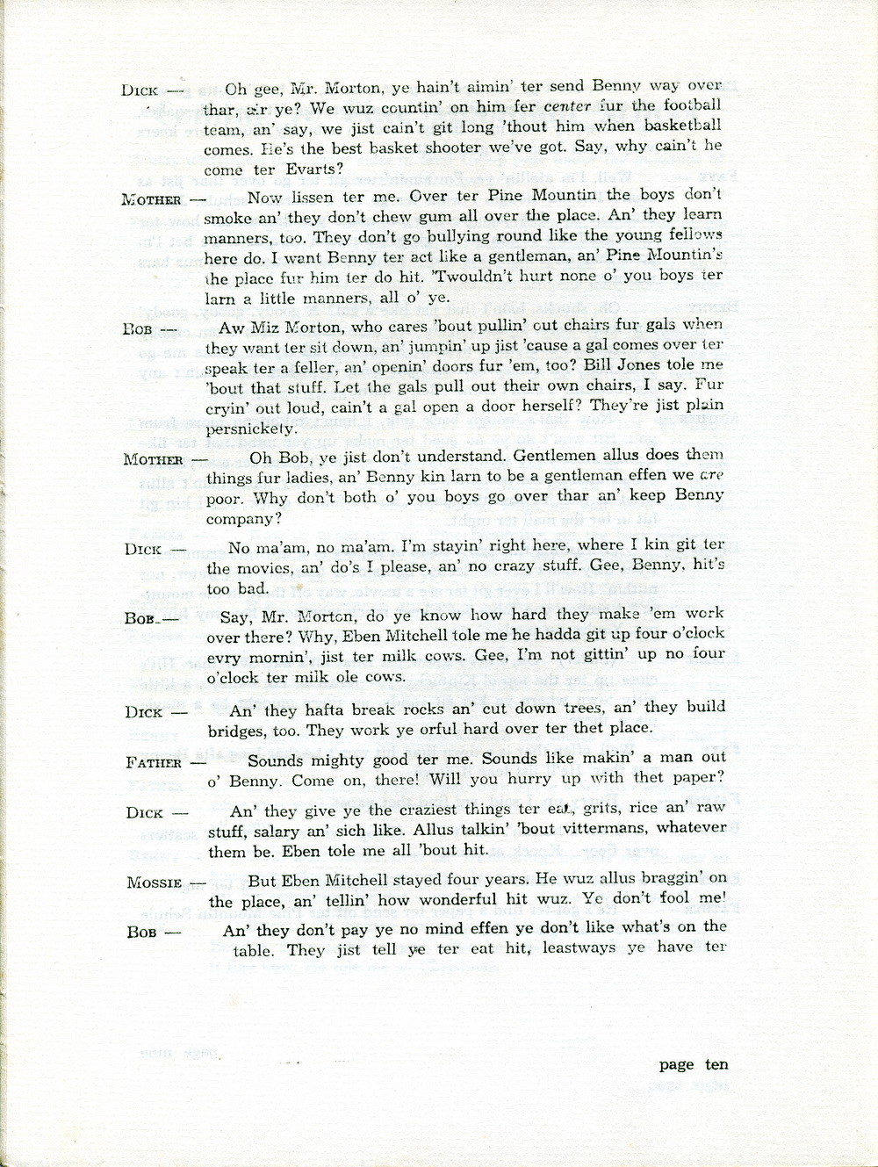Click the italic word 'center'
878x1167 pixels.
568,106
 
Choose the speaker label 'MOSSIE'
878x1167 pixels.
155,882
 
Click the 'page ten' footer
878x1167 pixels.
694,1064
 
